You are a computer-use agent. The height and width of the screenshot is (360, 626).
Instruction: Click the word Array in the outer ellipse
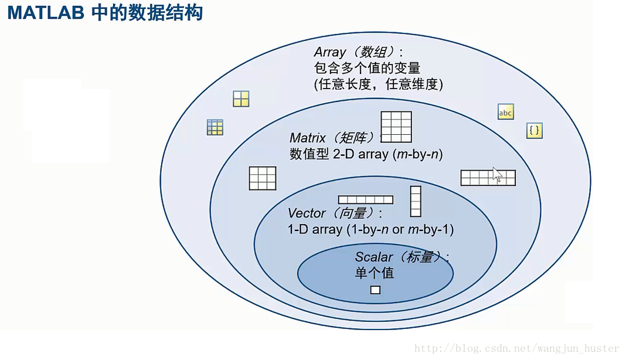point(329,52)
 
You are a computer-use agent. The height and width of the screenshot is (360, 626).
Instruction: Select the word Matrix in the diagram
point(308,138)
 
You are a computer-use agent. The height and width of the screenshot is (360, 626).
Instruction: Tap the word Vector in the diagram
point(307,213)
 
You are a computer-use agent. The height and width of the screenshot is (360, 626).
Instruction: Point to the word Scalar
point(374,257)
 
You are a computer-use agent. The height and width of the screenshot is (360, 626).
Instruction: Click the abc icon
point(505,112)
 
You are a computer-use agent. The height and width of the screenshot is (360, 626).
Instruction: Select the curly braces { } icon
point(534,130)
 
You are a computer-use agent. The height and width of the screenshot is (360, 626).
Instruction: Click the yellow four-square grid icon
point(241,99)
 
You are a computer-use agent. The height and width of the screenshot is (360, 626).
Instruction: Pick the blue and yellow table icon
point(215,127)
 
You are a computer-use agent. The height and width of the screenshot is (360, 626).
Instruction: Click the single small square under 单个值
point(375,290)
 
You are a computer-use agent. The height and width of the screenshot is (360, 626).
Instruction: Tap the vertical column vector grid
point(416,201)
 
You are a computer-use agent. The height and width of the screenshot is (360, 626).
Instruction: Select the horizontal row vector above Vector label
point(366,199)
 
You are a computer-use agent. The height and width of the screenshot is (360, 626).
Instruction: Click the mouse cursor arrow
point(497,175)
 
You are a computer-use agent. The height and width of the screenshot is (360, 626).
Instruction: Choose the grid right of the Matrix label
point(396,127)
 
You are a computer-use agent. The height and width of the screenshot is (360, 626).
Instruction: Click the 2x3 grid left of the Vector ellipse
point(263,178)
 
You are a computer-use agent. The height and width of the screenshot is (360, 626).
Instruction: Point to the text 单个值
point(375,273)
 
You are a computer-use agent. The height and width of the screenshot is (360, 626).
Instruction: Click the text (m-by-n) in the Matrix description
point(417,154)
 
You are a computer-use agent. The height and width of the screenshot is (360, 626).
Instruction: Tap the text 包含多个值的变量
point(367,68)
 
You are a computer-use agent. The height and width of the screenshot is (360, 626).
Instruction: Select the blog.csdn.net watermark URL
point(516,348)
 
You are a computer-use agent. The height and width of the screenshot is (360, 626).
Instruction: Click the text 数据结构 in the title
point(175,13)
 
